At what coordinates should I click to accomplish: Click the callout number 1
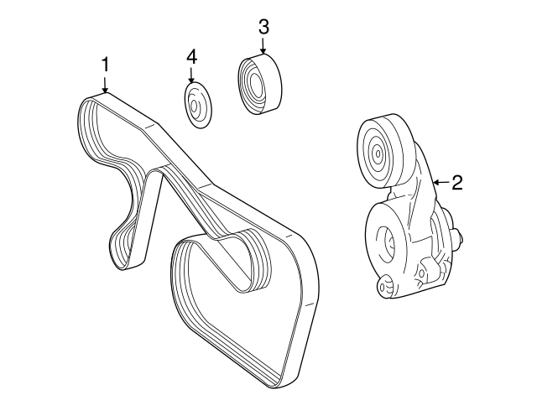pyautogui.click(x=106, y=65)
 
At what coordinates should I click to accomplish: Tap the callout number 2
pyautogui.click(x=457, y=182)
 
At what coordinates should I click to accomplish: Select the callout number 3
pyautogui.click(x=263, y=27)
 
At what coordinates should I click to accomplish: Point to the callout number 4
pyautogui.click(x=192, y=57)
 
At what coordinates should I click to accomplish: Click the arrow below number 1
pyautogui.click(x=106, y=84)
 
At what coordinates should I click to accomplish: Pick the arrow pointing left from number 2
pyautogui.click(x=441, y=183)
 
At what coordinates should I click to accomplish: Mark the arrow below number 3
pyautogui.click(x=263, y=46)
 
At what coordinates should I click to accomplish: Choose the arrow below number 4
pyautogui.click(x=191, y=75)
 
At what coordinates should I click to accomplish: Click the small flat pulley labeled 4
pyautogui.click(x=197, y=106)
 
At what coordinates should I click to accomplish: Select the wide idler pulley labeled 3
pyautogui.click(x=259, y=84)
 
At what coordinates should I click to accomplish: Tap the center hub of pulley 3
pyautogui.click(x=255, y=84)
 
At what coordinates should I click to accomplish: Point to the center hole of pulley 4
pyautogui.click(x=194, y=106)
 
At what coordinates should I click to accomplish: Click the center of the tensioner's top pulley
pyautogui.click(x=377, y=153)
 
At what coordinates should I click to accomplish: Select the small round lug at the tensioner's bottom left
pyautogui.click(x=384, y=285)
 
